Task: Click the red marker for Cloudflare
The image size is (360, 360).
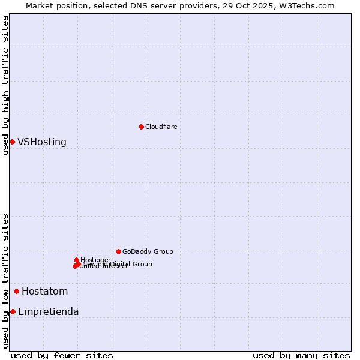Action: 141,127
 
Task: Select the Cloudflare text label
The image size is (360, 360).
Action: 161,127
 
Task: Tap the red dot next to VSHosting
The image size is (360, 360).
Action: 12,142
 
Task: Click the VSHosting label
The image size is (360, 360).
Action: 42,142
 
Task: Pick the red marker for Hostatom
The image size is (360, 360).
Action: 16,292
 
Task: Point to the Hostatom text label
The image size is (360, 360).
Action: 44,292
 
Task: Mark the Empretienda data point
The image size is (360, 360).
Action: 13,311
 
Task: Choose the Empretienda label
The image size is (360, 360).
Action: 48,312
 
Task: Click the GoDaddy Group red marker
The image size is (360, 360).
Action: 118,251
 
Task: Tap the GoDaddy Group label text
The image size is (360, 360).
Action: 148,251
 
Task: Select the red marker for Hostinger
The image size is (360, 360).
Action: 76,260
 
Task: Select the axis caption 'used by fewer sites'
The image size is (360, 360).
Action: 61,355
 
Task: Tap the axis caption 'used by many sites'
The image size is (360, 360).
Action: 301,355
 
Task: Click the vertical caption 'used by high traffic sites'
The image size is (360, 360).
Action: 6,85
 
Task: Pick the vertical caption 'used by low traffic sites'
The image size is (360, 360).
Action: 6,281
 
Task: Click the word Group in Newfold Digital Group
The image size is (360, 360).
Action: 142,264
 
